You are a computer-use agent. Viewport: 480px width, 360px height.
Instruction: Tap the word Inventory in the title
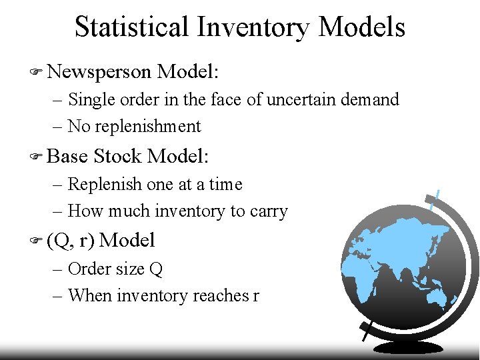[254, 27]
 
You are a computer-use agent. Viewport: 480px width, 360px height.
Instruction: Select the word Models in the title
[362, 27]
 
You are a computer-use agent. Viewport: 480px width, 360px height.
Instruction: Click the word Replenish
[103, 185]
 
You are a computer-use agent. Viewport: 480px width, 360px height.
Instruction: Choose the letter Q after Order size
[156, 269]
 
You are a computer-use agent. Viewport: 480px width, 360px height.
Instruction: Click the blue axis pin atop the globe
[435, 200]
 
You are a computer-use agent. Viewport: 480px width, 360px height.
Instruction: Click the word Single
[93, 99]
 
